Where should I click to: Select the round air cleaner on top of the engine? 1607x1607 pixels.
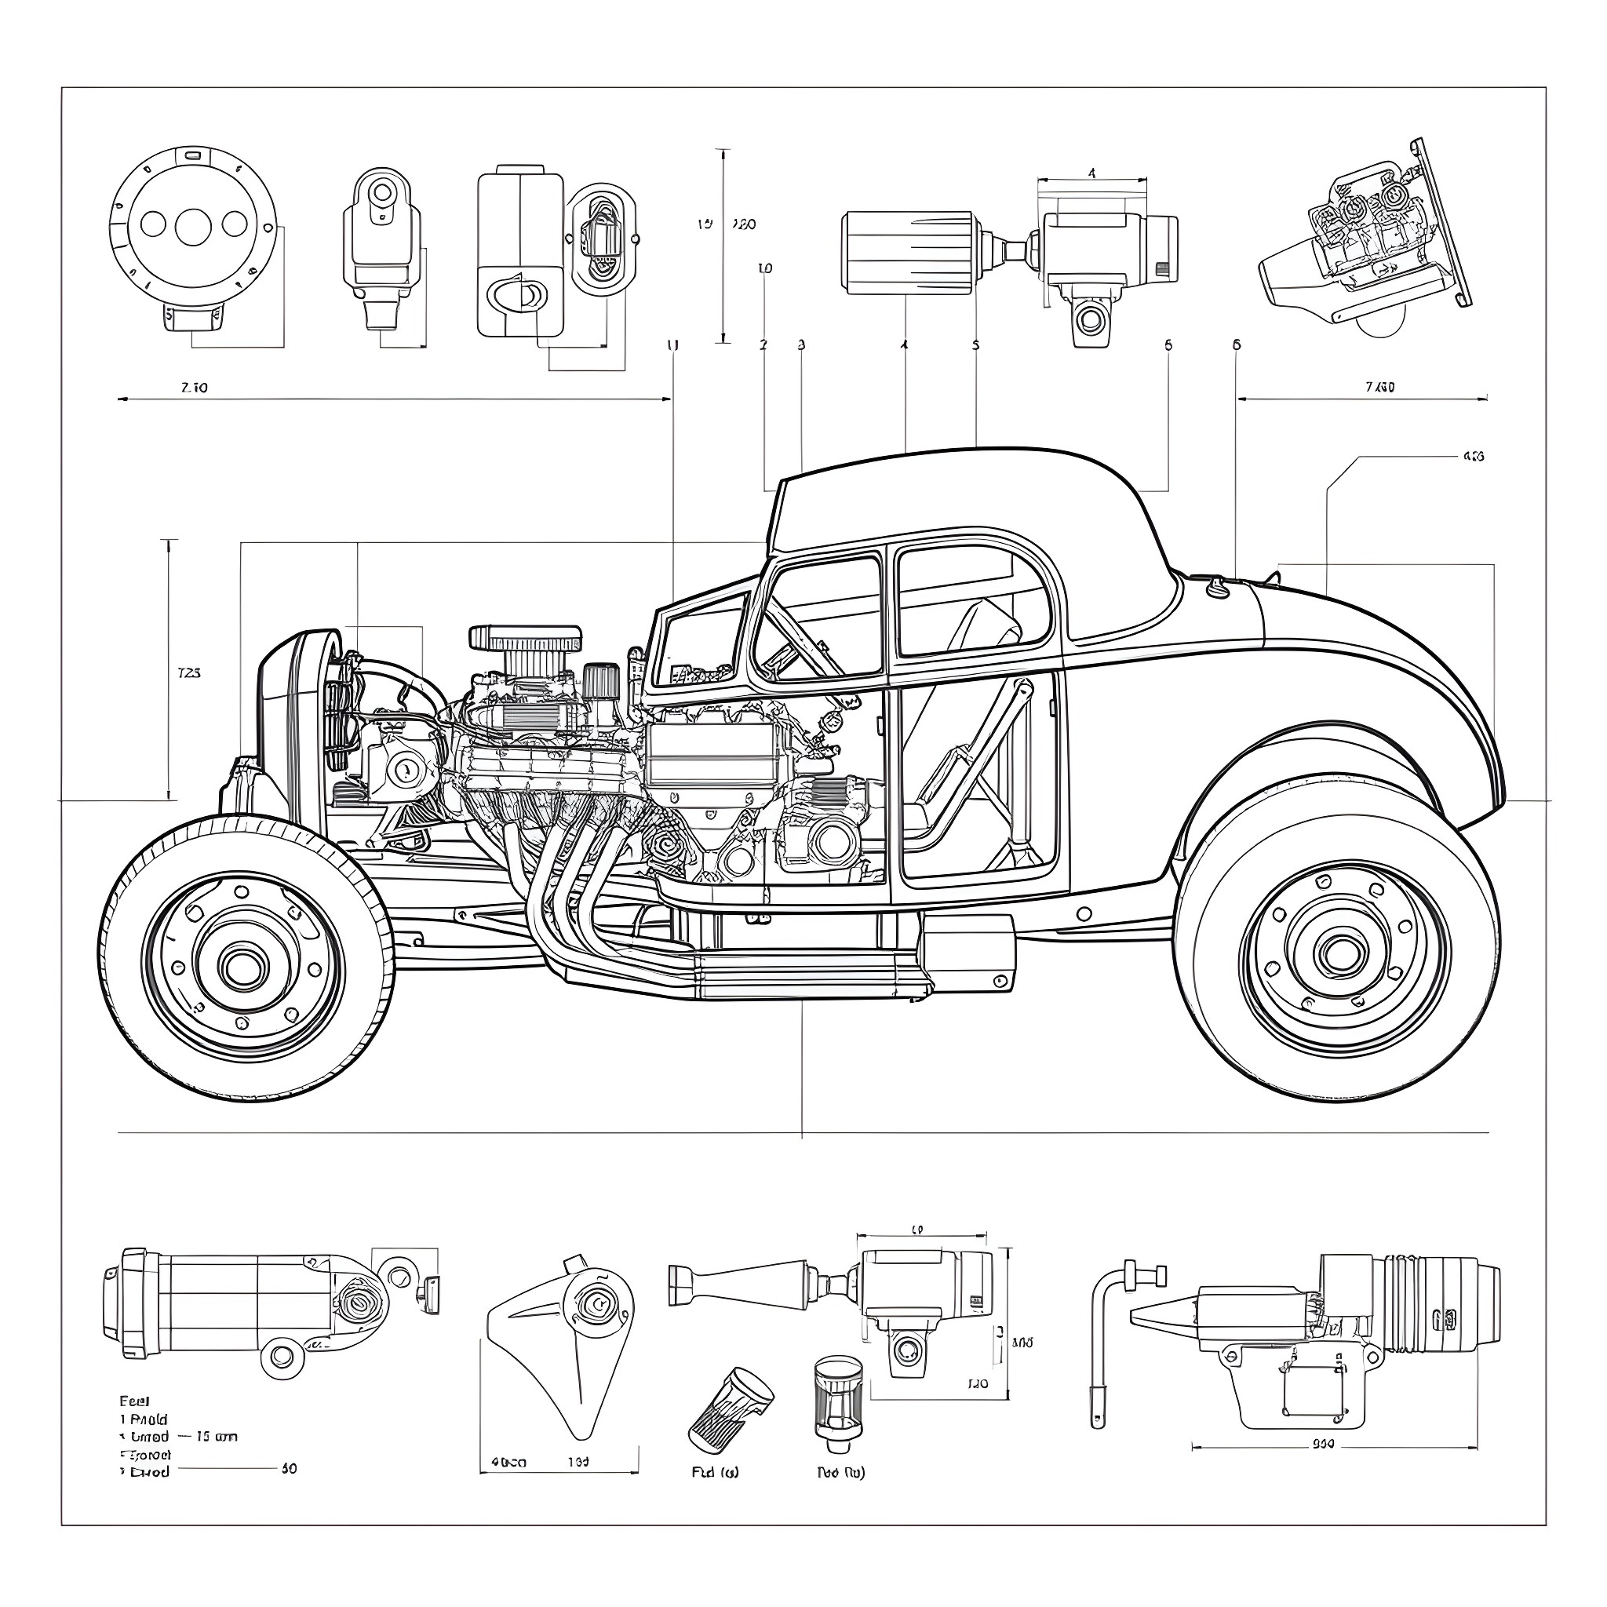click(525, 639)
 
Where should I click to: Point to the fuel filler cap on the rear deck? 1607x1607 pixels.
click(1217, 588)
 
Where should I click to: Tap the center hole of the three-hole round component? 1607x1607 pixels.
click(192, 224)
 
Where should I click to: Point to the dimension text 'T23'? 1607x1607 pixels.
click(190, 673)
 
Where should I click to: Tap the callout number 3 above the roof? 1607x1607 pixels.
click(801, 344)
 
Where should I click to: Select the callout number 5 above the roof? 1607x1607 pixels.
click(975, 344)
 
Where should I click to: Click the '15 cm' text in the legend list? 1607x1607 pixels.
click(217, 1437)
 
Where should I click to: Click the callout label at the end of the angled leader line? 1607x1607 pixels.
click(1472, 456)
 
